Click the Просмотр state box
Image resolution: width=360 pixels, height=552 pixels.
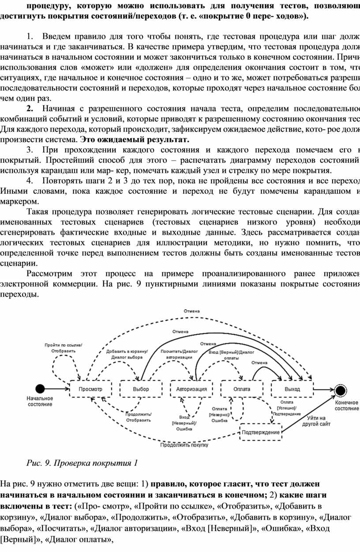point(90,389)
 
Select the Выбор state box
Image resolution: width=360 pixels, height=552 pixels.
point(141,389)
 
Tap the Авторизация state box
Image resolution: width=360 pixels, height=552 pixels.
point(191,389)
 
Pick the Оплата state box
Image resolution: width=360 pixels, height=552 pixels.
point(242,389)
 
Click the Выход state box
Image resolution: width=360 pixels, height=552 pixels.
point(292,389)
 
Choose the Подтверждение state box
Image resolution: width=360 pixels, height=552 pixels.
point(261,432)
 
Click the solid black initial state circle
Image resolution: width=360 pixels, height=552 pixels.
point(40,389)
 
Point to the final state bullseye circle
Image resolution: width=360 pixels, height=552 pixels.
point(340,391)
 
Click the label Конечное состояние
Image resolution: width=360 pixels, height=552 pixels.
point(346,406)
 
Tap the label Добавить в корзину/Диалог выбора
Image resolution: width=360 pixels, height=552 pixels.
point(127,354)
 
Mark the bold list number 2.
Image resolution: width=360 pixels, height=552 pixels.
point(30,109)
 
